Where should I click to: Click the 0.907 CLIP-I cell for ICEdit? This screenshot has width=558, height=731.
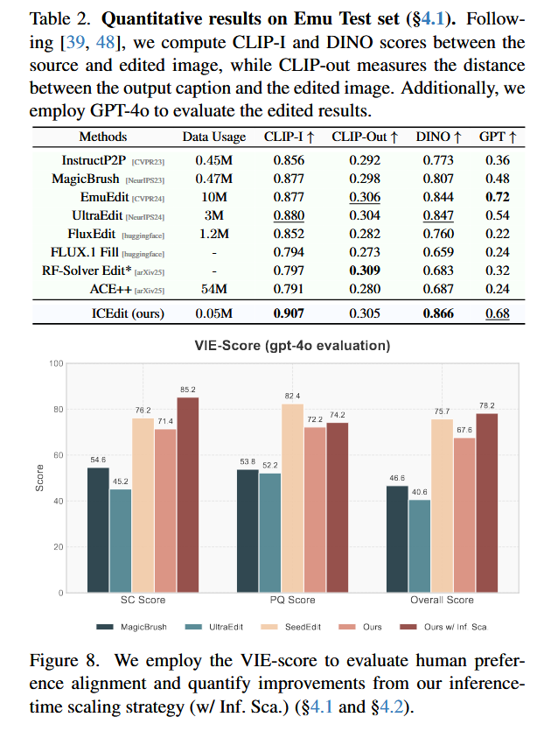290,313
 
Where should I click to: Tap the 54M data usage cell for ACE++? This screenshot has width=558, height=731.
206,289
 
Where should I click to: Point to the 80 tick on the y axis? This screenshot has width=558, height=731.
56,409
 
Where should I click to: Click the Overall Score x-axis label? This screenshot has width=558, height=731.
442,601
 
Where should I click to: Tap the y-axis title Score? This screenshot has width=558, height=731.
40,478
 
